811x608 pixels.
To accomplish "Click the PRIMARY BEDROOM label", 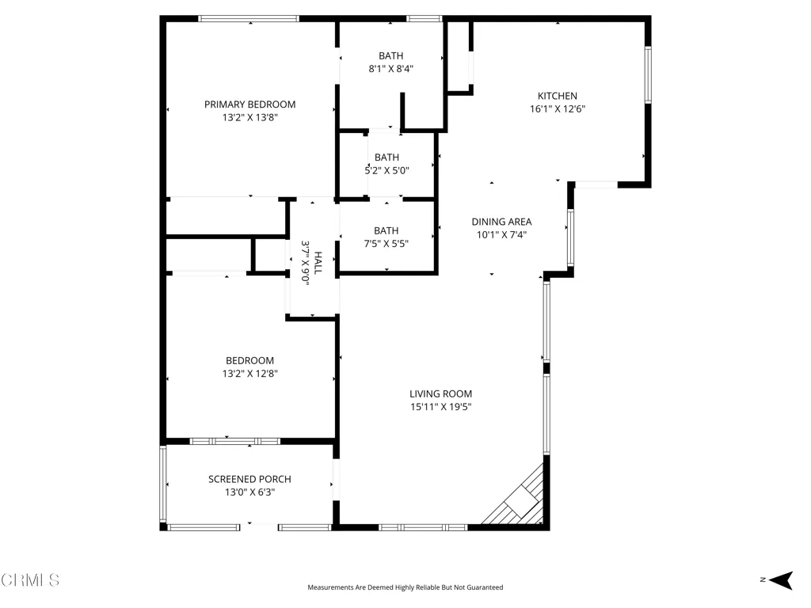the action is tap(249, 104).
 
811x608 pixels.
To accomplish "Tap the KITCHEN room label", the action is tap(557, 96).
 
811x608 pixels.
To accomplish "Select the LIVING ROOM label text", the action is tap(440, 394).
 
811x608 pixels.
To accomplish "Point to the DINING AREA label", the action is tap(501, 222).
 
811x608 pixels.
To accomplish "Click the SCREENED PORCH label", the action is tap(249, 479).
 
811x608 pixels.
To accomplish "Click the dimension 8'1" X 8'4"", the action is tap(390, 69).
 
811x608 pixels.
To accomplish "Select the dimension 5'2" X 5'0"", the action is tap(386, 171).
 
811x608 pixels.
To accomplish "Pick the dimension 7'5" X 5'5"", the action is tap(386, 244).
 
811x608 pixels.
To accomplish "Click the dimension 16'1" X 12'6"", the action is tap(557, 109).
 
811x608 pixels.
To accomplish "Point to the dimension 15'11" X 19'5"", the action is tap(440, 407).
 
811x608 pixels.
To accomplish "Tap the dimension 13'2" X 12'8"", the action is tap(249, 374).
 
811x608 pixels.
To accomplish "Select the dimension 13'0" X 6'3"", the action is tap(249, 492).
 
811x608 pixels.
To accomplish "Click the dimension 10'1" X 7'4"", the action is tap(501, 234).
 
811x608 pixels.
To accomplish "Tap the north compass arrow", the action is tap(781, 580).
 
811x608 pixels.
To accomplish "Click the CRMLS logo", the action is tap(30, 580).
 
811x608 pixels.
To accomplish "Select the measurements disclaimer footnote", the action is tap(405, 587).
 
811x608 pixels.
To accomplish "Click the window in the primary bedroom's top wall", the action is tap(249, 19).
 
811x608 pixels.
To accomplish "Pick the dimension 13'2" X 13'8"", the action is tap(249, 117).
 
